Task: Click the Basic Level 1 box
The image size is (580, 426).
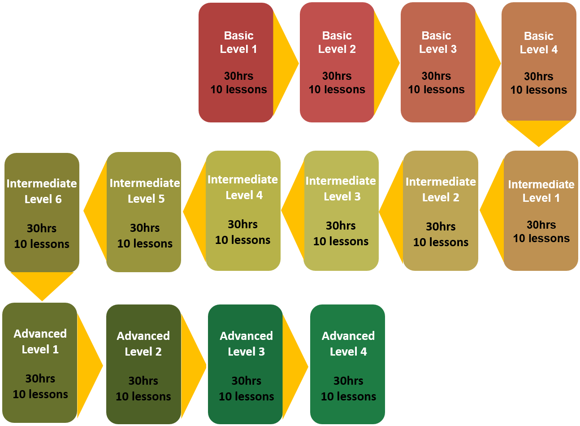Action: tap(236, 62)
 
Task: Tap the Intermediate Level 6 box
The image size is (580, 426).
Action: tap(42, 213)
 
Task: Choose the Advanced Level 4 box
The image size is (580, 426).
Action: tap(347, 364)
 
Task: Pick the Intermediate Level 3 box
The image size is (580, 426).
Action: tap(341, 211)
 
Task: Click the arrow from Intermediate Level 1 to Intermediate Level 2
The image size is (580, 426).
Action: tap(491, 210)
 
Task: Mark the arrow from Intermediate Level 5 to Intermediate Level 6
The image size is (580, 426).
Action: tap(94, 211)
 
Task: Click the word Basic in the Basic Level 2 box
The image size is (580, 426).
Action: tap(337, 35)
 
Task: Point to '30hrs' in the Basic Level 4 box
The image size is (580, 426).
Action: tap(539, 77)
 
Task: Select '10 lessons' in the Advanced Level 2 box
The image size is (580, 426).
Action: tap(143, 397)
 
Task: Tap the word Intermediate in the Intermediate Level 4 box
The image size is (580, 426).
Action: tap(243, 180)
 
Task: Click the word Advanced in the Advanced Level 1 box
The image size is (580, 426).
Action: tap(40, 334)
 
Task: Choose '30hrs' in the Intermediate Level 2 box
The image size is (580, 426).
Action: tap(441, 227)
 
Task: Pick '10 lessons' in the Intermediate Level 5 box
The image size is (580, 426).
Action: tap(145, 244)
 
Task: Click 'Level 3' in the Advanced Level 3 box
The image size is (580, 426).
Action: tap(246, 352)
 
